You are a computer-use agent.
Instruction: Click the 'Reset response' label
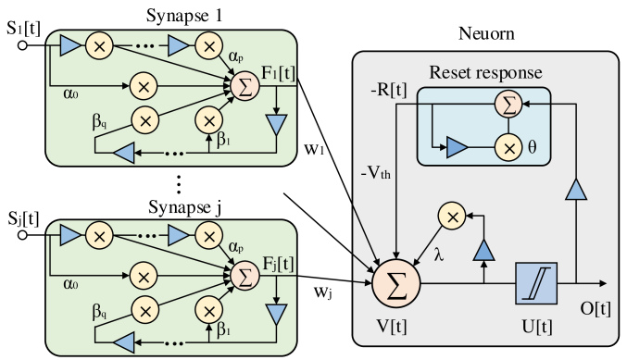tap(484, 72)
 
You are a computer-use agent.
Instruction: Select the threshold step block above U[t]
tap(537, 281)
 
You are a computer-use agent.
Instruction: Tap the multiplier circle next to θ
tap(508, 146)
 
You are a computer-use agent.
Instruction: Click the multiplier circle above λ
tap(451, 217)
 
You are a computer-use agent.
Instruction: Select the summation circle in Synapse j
tap(245, 275)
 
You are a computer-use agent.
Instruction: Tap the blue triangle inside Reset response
tap(458, 146)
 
